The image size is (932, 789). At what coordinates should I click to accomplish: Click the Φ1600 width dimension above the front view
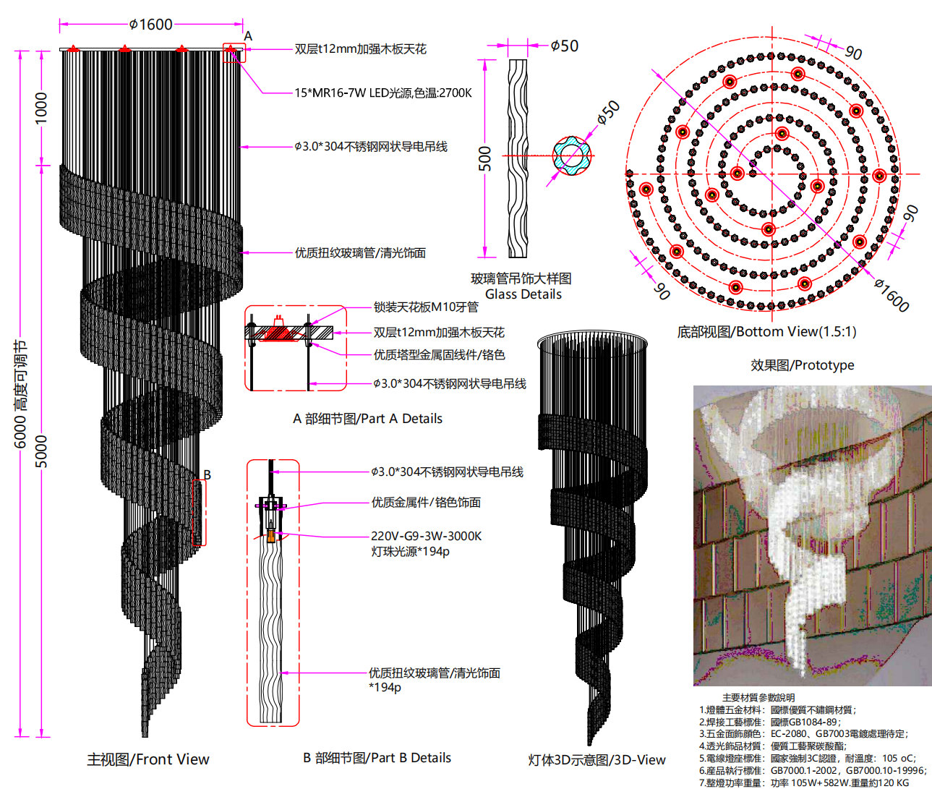(151, 25)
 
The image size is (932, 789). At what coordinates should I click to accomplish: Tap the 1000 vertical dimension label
(41, 107)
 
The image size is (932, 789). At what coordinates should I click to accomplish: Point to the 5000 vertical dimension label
(41, 451)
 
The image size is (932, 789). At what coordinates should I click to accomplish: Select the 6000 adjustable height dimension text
(21, 394)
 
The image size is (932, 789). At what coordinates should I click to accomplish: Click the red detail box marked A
(234, 53)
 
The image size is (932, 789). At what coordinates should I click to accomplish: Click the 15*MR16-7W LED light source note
(382, 93)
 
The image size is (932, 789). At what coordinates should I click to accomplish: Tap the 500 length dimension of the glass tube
(484, 158)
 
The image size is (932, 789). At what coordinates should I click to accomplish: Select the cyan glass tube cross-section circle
(572, 155)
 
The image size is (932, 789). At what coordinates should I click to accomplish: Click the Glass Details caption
(523, 294)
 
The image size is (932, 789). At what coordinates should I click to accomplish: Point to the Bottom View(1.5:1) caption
(766, 332)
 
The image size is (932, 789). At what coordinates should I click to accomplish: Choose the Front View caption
(148, 759)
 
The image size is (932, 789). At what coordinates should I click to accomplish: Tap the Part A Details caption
(367, 419)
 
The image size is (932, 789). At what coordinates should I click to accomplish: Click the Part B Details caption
(377, 758)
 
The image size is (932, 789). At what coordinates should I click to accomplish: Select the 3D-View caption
(597, 760)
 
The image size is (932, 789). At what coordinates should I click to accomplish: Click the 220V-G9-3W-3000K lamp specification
(426, 536)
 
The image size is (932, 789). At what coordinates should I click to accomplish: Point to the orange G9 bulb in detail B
(271, 536)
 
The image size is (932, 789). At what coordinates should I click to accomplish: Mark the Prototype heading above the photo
(802, 365)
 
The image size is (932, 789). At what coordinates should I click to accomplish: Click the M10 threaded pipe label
(426, 307)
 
